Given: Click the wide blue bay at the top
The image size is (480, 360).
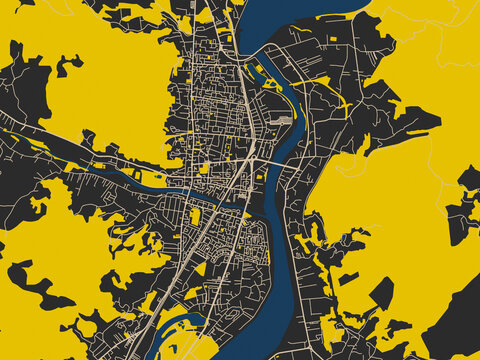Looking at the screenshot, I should [x=290, y=20].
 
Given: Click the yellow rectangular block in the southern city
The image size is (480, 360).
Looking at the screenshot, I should [x=196, y=216].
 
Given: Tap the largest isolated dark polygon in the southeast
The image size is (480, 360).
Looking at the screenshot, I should [x=381, y=293].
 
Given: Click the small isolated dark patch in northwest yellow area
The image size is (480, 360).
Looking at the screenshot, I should [x=68, y=66].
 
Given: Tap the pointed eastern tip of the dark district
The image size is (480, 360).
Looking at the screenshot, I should [x=438, y=122].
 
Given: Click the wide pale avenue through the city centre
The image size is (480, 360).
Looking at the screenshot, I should [x=243, y=100].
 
